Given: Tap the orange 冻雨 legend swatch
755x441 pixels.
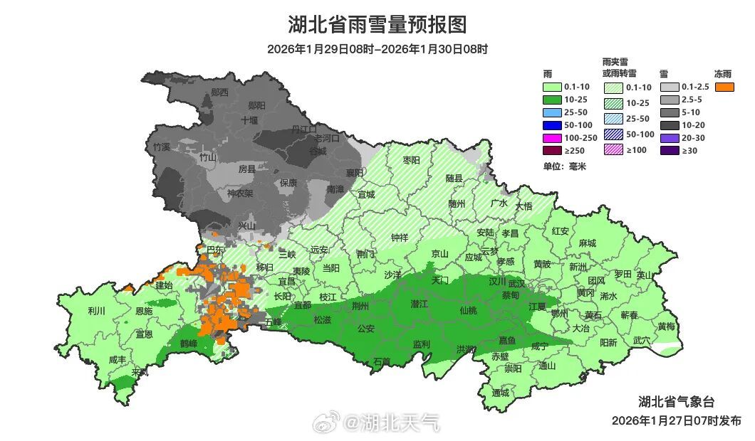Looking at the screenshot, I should [725, 87].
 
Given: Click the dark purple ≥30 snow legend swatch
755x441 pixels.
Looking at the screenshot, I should [670, 151].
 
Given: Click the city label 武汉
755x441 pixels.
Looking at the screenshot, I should [516, 283].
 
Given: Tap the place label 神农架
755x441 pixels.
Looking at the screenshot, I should [240, 193].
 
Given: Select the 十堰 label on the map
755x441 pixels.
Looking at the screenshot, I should [249, 120].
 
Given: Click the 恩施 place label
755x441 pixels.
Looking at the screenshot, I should [143, 311].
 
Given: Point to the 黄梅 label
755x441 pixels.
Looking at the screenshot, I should [667, 326].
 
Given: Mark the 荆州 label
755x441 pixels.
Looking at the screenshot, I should [360, 306].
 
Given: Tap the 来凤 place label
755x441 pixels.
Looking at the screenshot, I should [140, 372].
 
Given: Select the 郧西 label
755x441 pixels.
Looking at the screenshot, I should [220, 92].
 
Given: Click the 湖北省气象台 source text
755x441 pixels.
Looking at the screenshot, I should [676, 401].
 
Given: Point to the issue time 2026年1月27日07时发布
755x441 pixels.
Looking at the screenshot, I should [676, 420].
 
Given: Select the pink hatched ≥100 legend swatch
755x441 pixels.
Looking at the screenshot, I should [613, 150].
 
